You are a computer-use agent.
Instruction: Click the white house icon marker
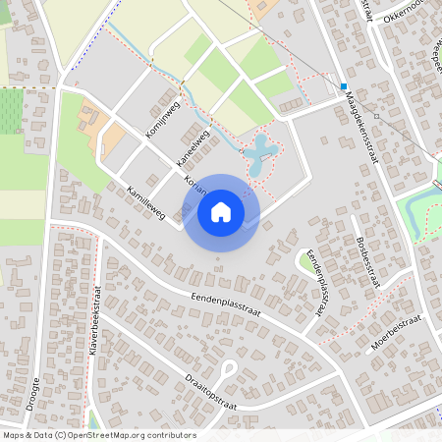(221, 212)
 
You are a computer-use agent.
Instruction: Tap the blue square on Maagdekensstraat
(345, 86)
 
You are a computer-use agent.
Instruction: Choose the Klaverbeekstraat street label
(96, 323)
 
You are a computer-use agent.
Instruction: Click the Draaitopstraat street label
(211, 393)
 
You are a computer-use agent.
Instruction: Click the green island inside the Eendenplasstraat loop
(307, 259)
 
